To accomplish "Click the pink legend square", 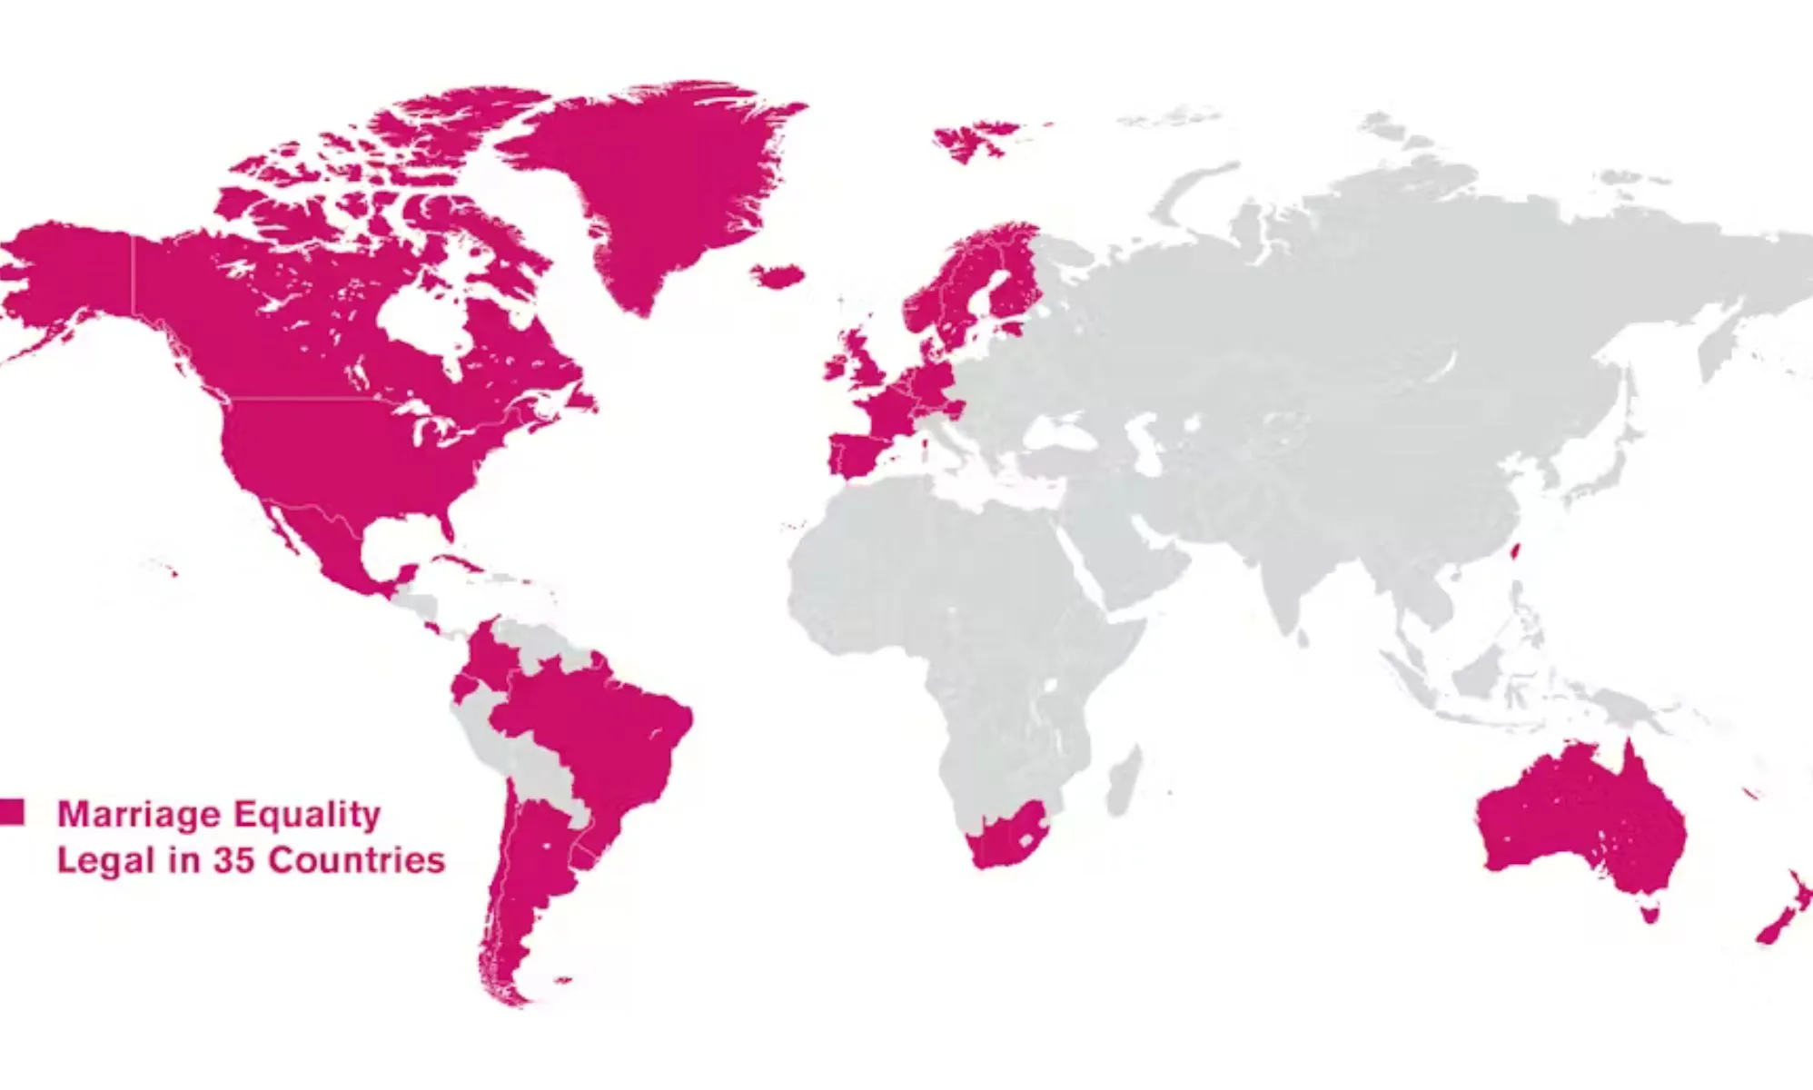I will point(12,811).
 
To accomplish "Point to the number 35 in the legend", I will point(233,860).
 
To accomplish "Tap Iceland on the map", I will point(778,275).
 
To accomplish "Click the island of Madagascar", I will point(1124,781).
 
